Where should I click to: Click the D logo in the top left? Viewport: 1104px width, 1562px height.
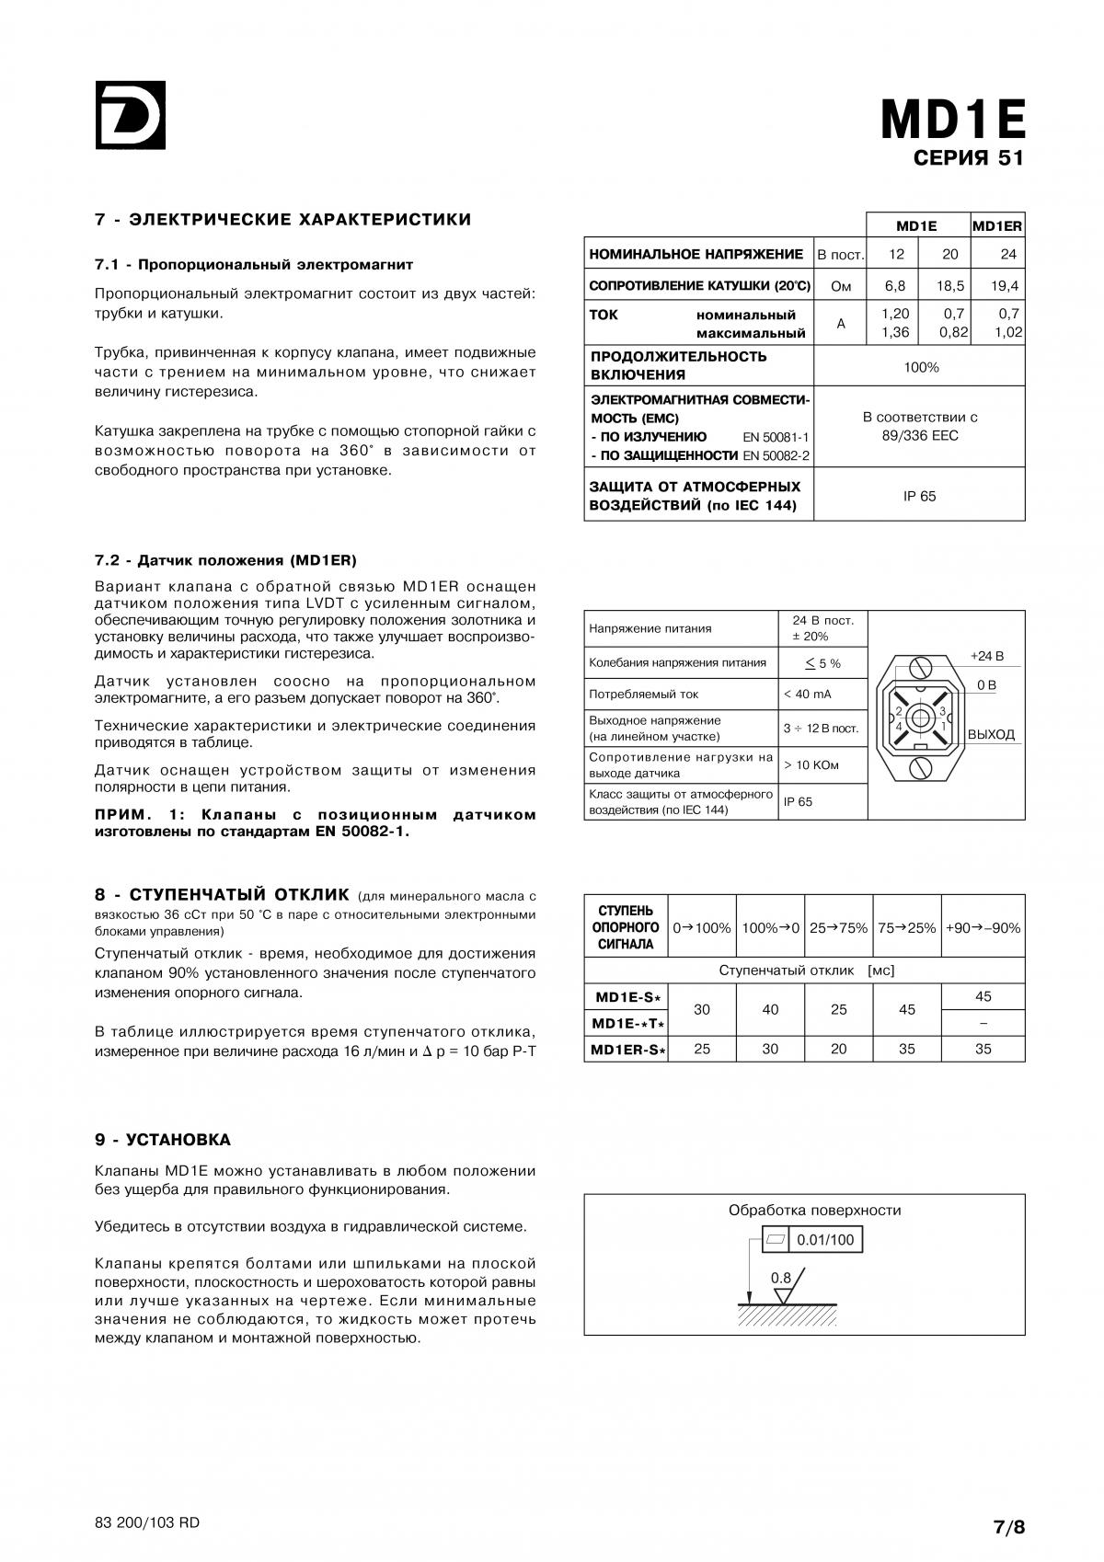pyautogui.click(x=130, y=115)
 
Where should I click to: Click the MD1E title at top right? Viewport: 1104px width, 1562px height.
pyautogui.click(x=952, y=120)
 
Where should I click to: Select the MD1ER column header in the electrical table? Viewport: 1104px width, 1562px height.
pyautogui.click(x=997, y=225)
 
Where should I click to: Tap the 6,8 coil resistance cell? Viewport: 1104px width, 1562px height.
pyautogui.click(x=895, y=286)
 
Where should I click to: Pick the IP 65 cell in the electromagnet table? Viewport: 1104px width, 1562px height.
pyautogui.click(x=919, y=496)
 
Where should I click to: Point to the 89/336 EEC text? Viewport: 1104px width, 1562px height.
pyautogui.click(x=919, y=435)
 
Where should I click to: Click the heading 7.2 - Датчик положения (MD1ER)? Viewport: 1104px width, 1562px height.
pyautogui.click(x=225, y=560)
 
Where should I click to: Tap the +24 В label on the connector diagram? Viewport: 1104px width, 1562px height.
pyautogui.click(x=987, y=656)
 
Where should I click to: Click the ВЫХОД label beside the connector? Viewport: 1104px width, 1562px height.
pyautogui.click(x=991, y=734)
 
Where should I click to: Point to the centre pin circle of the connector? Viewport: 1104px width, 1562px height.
pyautogui.click(x=920, y=718)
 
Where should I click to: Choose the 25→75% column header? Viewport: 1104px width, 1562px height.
pyautogui.click(x=838, y=927)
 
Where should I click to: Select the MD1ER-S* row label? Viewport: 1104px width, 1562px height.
pyautogui.click(x=627, y=1049)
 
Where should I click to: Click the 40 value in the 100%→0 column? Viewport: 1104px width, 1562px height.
pyautogui.click(x=770, y=1009)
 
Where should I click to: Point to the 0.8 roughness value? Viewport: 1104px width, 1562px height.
pyautogui.click(x=780, y=1278)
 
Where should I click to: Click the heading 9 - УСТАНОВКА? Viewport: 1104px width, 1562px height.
pyautogui.click(x=163, y=1140)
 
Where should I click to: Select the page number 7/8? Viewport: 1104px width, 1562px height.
pyautogui.click(x=1008, y=1527)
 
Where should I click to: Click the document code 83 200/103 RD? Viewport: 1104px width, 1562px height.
pyautogui.click(x=147, y=1522)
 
